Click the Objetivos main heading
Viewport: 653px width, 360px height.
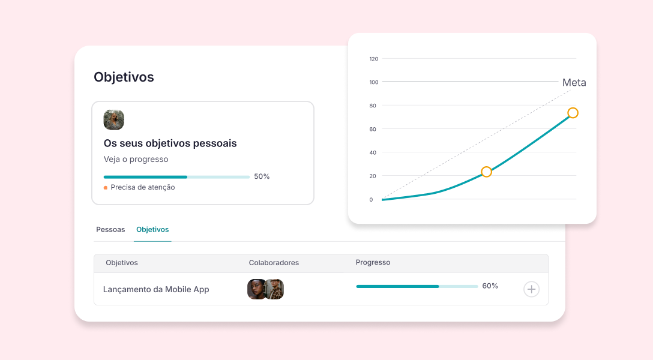(124, 77)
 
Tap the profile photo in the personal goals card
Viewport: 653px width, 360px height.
(113, 120)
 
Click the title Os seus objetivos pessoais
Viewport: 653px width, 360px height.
(170, 143)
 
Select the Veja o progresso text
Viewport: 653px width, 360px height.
(136, 160)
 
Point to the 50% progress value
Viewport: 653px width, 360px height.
(262, 176)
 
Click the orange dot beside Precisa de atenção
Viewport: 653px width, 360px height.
(106, 188)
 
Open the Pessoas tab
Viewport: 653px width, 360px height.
(110, 229)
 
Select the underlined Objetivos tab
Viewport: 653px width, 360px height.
(152, 229)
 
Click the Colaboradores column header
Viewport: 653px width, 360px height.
(274, 263)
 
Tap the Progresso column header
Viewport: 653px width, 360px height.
(373, 262)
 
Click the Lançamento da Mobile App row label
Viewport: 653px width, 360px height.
(156, 289)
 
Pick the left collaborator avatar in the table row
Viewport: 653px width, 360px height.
(256, 289)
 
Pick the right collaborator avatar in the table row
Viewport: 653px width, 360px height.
(275, 289)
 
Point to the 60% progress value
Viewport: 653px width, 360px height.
(490, 286)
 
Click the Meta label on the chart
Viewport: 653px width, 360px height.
(574, 83)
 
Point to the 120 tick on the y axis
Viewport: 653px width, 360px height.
(374, 59)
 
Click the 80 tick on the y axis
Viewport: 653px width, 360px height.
(373, 106)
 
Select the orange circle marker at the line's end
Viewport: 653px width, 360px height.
(573, 113)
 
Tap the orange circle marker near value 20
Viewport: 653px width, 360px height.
(486, 172)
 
